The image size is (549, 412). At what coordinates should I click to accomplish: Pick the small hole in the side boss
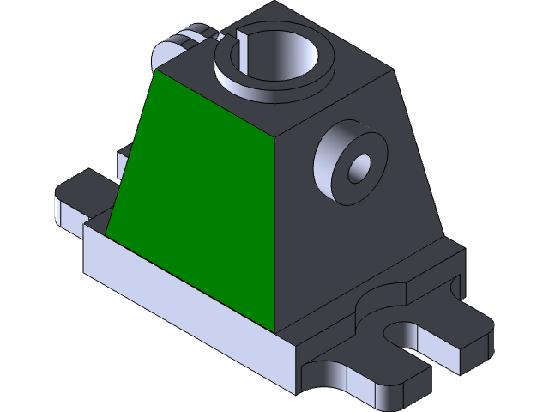coord(358,167)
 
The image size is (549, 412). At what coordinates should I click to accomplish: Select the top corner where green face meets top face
coord(274,136)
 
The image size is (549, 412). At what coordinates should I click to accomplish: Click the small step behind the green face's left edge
coord(124,154)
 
